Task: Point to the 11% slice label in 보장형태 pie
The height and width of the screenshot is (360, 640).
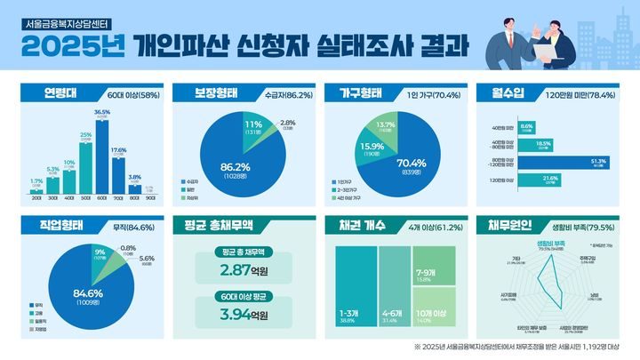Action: (x=252, y=127)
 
